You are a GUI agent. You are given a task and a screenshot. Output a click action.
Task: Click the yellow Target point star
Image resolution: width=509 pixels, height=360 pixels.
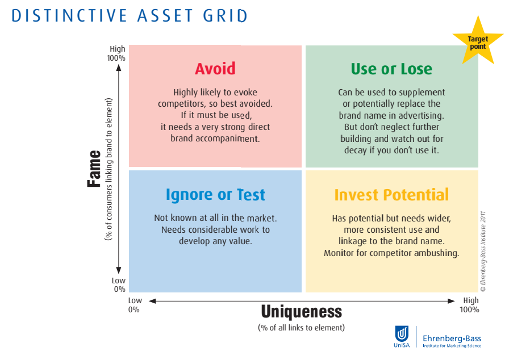click(x=478, y=42)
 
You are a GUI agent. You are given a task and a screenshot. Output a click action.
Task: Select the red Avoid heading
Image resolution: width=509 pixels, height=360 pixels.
click(x=215, y=69)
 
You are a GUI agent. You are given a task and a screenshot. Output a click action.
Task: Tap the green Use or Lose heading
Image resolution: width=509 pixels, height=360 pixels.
click(x=391, y=69)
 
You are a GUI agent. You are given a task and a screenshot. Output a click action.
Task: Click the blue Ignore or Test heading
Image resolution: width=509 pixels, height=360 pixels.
click(x=215, y=195)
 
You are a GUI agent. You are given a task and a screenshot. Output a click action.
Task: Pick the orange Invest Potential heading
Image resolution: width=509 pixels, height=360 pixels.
click(x=391, y=195)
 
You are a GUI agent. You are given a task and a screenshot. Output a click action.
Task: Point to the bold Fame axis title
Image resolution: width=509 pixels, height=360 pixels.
click(x=94, y=169)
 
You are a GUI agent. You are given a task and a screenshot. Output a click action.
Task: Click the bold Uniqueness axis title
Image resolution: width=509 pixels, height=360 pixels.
click(x=302, y=312)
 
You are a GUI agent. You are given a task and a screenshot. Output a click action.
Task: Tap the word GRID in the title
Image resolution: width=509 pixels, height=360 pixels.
click(x=226, y=15)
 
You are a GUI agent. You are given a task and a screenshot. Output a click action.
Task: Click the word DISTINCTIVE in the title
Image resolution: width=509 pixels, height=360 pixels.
click(x=69, y=15)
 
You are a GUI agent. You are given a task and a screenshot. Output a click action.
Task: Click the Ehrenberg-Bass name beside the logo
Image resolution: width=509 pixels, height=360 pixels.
click(x=452, y=338)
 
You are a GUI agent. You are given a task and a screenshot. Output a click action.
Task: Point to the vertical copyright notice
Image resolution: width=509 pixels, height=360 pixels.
click(x=483, y=252)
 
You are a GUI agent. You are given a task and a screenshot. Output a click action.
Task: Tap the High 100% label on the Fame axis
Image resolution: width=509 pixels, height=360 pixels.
click(x=116, y=53)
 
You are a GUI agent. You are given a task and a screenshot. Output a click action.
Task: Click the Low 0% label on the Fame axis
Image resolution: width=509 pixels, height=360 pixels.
click(x=119, y=284)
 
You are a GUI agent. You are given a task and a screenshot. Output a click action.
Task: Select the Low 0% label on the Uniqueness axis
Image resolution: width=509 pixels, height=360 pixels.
click(x=135, y=305)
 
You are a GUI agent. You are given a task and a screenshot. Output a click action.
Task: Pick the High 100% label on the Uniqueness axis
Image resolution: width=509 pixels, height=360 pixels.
click(x=469, y=305)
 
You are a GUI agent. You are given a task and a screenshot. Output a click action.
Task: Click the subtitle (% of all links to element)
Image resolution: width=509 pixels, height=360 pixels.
click(x=302, y=328)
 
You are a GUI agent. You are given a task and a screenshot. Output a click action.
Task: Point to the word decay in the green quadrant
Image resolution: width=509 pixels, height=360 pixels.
click(x=356, y=150)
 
